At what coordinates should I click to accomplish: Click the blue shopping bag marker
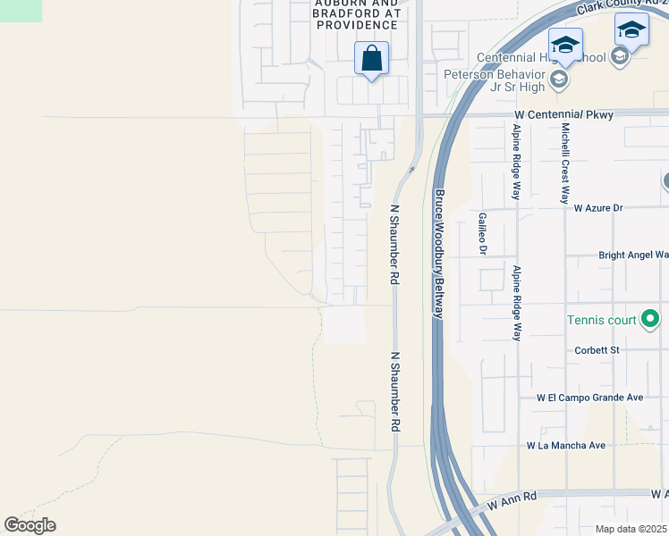click(x=371, y=59)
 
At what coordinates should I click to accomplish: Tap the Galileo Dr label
click(x=481, y=233)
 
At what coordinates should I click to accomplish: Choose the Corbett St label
click(x=597, y=350)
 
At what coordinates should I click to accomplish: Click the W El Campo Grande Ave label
click(x=589, y=398)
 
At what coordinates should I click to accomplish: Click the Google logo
click(x=30, y=525)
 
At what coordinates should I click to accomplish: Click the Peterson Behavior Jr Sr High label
click(x=494, y=80)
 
